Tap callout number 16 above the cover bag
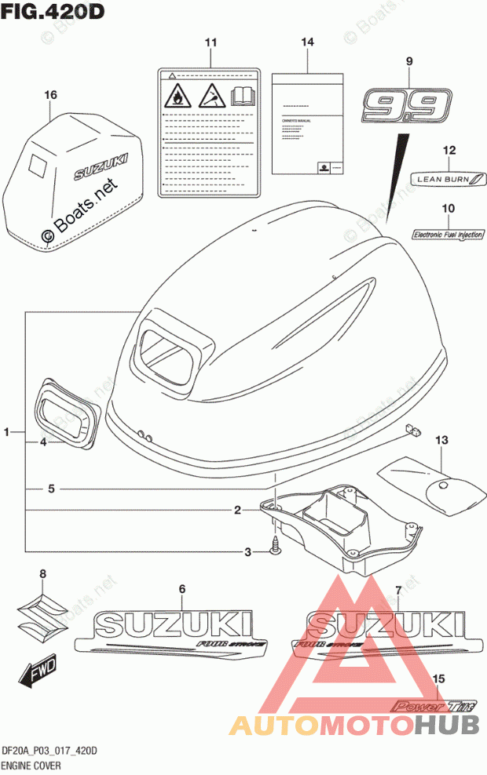click(51, 96)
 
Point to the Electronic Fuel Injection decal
click(449, 233)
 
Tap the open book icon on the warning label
click(243, 97)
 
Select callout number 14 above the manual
click(306, 41)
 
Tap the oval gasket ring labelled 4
click(66, 416)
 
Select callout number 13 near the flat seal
click(441, 440)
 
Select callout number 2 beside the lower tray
click(236, 511)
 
